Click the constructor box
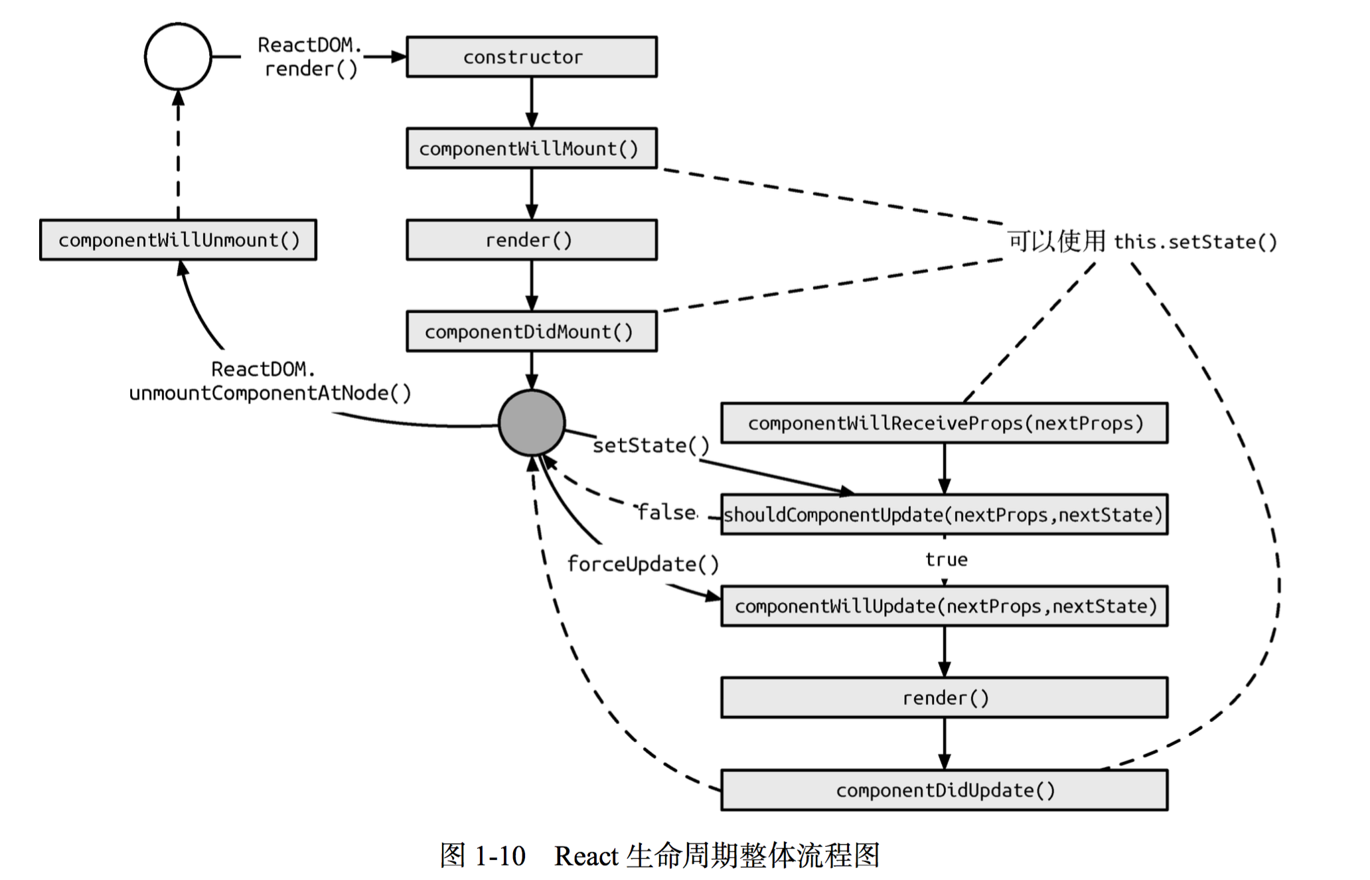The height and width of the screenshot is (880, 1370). coord(531,57)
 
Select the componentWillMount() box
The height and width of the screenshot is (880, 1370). coord(531,148)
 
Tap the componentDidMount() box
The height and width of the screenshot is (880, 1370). coord(531,331)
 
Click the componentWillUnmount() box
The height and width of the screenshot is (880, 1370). coord(178,240)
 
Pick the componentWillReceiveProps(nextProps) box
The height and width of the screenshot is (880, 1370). coord(944,423)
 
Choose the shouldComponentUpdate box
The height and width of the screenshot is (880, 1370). coord(944,514)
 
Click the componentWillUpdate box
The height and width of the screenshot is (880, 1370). coord(944,606)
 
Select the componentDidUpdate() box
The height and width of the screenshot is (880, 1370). coord(944,790)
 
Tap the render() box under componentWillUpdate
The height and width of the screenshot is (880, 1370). coord(944,697)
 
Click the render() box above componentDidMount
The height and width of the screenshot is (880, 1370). coord(531,240)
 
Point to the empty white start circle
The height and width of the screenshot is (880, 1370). coord(178,56)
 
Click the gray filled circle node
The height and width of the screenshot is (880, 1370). coord(532,423)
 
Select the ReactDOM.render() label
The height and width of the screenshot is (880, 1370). coord(310,57)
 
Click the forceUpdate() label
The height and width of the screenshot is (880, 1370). coord(643,564)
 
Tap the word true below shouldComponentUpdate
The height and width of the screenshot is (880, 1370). coord(946,559)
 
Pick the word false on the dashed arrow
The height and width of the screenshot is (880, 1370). coord(666,512)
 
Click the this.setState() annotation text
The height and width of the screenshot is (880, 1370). coord(1195,242)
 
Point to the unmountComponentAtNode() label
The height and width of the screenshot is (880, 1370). coord(270,393)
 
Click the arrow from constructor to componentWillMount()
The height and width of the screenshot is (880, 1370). coord(532,103)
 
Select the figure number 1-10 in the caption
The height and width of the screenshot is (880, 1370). coord(500,856)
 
